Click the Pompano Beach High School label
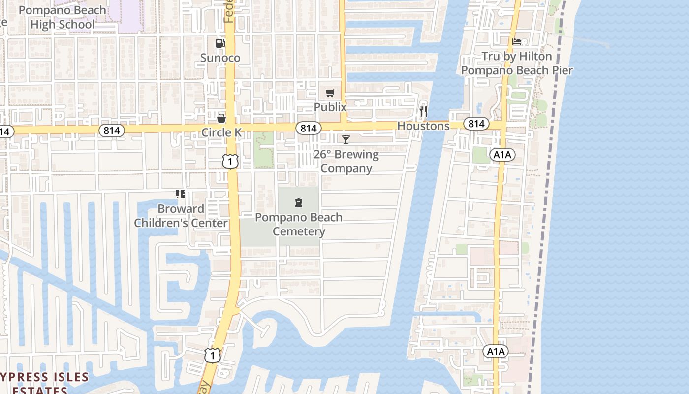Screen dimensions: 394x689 click(x=62, y=17)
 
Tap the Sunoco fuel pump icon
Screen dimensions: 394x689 click(x=220, y=43)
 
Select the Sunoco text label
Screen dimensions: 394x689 click(x=220, y=58)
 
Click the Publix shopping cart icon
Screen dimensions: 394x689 click(x=330, y=93)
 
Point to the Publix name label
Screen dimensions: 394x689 click(x=330, y=107)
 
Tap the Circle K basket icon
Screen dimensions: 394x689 click(x=221, y=118)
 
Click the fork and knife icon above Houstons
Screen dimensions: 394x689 click(x=423, y=111)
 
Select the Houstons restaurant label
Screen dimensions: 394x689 click(x=423, y=126)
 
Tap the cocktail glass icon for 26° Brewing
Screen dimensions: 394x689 click(x=346, y=140)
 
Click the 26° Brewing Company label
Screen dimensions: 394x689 click(x=346, y=161)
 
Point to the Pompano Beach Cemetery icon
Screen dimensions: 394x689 click(x=298, y=203)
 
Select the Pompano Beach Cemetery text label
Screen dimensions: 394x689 click(x=298, y=224)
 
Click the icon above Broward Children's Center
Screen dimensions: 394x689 click(x=181, y=194)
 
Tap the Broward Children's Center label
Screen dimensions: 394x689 click(x=181, y=216)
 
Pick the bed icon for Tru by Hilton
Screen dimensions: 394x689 click(x=517, y=42)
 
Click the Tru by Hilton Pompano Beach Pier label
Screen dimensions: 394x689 click(x=517, y=63)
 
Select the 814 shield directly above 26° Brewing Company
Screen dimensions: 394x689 click(x=309, y=129)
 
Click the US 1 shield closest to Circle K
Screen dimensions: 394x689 click(x=230, y=161)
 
